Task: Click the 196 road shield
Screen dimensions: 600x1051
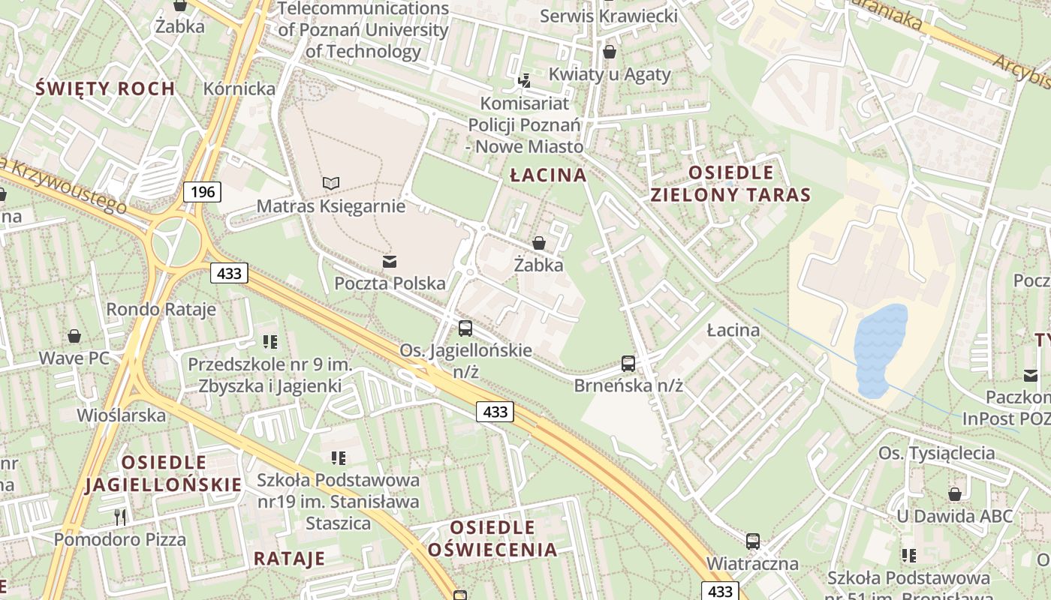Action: [203, 192]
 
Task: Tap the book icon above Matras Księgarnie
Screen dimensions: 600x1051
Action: [331, 183]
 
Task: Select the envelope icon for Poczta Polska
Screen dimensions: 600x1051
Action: [390, 262]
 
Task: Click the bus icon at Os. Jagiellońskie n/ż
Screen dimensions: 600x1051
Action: [465, 328]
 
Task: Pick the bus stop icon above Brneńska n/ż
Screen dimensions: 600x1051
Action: [628, 364]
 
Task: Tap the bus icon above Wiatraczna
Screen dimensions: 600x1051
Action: [752, 541]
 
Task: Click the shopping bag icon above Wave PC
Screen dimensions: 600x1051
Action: [74, 335]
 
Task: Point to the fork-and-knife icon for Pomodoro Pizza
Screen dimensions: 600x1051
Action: [119, 516]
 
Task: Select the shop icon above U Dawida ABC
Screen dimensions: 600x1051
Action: [955, 494]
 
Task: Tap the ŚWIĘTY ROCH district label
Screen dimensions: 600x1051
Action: [106, 88]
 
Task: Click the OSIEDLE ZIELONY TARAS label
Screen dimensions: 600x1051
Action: [730, 184]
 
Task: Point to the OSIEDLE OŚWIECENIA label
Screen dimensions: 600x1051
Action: [492, 538]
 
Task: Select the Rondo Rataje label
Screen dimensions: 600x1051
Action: [161, 309]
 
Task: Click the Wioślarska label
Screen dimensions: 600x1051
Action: [122, 415]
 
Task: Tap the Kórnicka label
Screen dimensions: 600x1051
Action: [239, 88]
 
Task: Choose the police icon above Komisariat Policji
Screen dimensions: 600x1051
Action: [525, 79]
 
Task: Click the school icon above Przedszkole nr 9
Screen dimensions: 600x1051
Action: [270, 342]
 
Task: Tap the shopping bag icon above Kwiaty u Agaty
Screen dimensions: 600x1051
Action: [610, 52]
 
